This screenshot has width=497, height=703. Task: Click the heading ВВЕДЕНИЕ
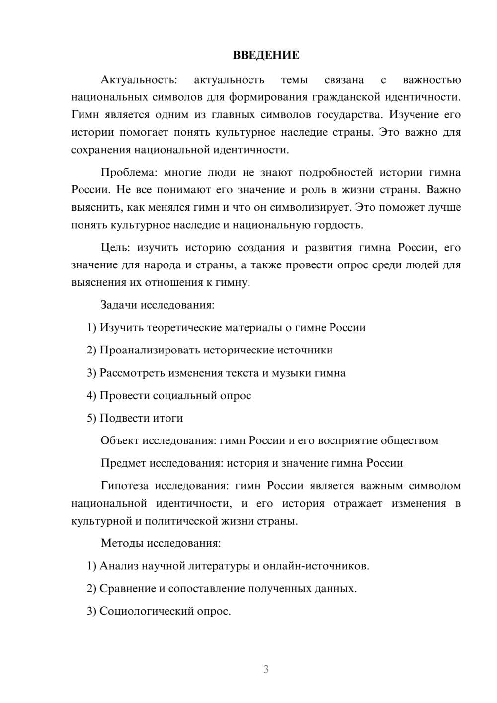coord(266,55)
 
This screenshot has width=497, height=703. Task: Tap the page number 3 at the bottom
coord(266,669)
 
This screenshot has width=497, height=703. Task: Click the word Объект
coord(120,440)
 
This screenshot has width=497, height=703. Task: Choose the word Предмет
coord(123,463)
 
